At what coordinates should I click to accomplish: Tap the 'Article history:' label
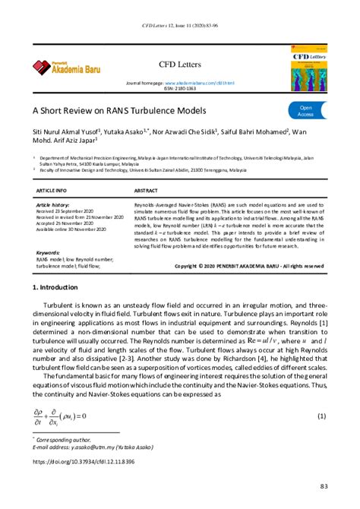coord(54,205)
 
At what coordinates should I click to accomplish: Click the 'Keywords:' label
coord(48,251)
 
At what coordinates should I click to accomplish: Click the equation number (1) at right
coord(322,416)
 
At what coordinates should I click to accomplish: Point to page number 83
coord(323,485)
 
